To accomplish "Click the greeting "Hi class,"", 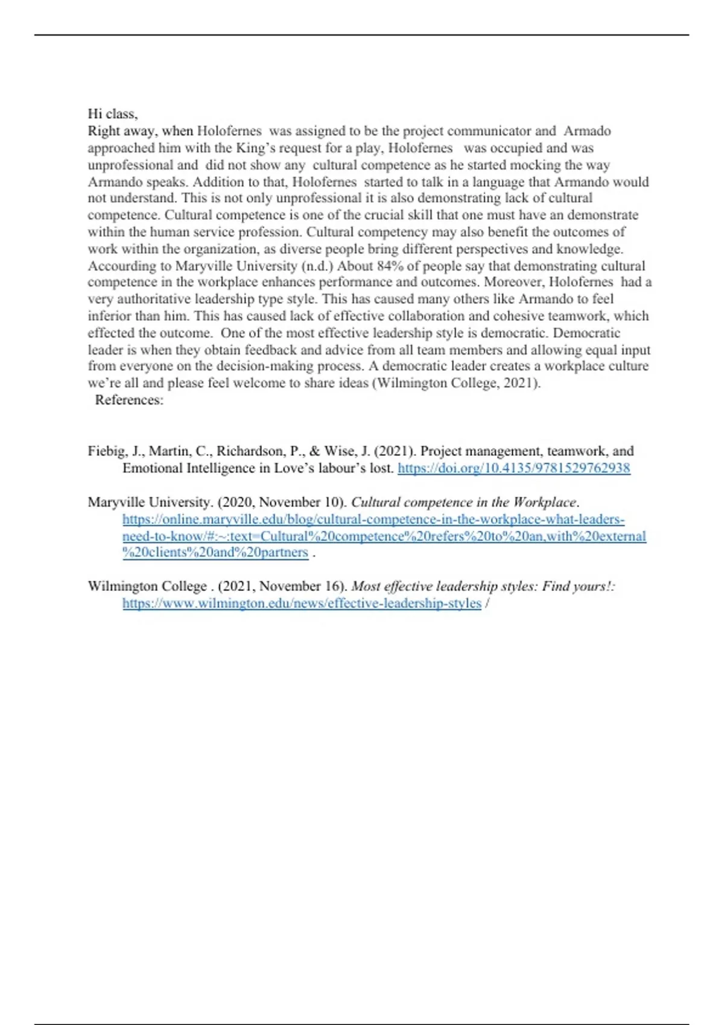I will coord(113,114).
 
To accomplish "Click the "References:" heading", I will coord(129,400).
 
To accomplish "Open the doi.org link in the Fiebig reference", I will coord(513,468).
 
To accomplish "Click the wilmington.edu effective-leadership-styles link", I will coord(302,604).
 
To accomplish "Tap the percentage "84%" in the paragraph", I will coord(390,266).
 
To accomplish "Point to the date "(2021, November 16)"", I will coord(282,587).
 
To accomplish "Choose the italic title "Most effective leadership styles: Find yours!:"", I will coord(483,587).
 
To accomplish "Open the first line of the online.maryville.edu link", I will coord(373,519).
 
